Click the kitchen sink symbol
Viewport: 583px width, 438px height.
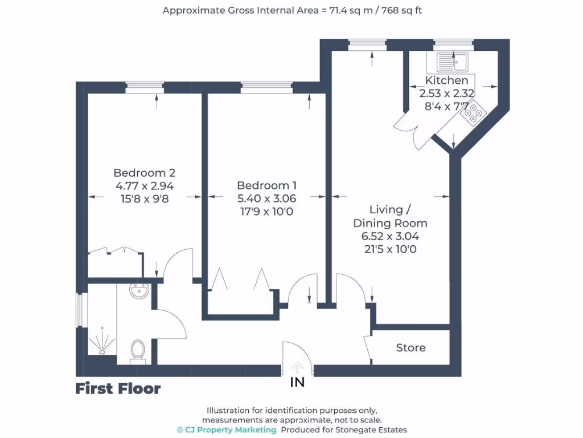(452, 60)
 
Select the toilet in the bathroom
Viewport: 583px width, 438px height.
(138, 351)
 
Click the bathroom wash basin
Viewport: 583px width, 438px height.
(139, 291)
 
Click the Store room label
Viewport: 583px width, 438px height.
(410, 347)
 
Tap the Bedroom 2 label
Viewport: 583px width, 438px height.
(144, 173)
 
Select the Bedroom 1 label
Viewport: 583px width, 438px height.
(267, 185)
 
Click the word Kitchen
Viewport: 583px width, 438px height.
(447, 80)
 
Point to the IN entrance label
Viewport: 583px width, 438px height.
(297, 383)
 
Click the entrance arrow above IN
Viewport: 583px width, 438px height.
(297, 368)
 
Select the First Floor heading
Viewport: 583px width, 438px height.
(118, 389)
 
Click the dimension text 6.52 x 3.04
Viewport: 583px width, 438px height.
(391, 236)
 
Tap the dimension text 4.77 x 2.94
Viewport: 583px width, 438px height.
(145, 186)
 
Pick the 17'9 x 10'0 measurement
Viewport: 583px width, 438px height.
(267, 212)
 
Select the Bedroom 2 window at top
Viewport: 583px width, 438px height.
(145, 87)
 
